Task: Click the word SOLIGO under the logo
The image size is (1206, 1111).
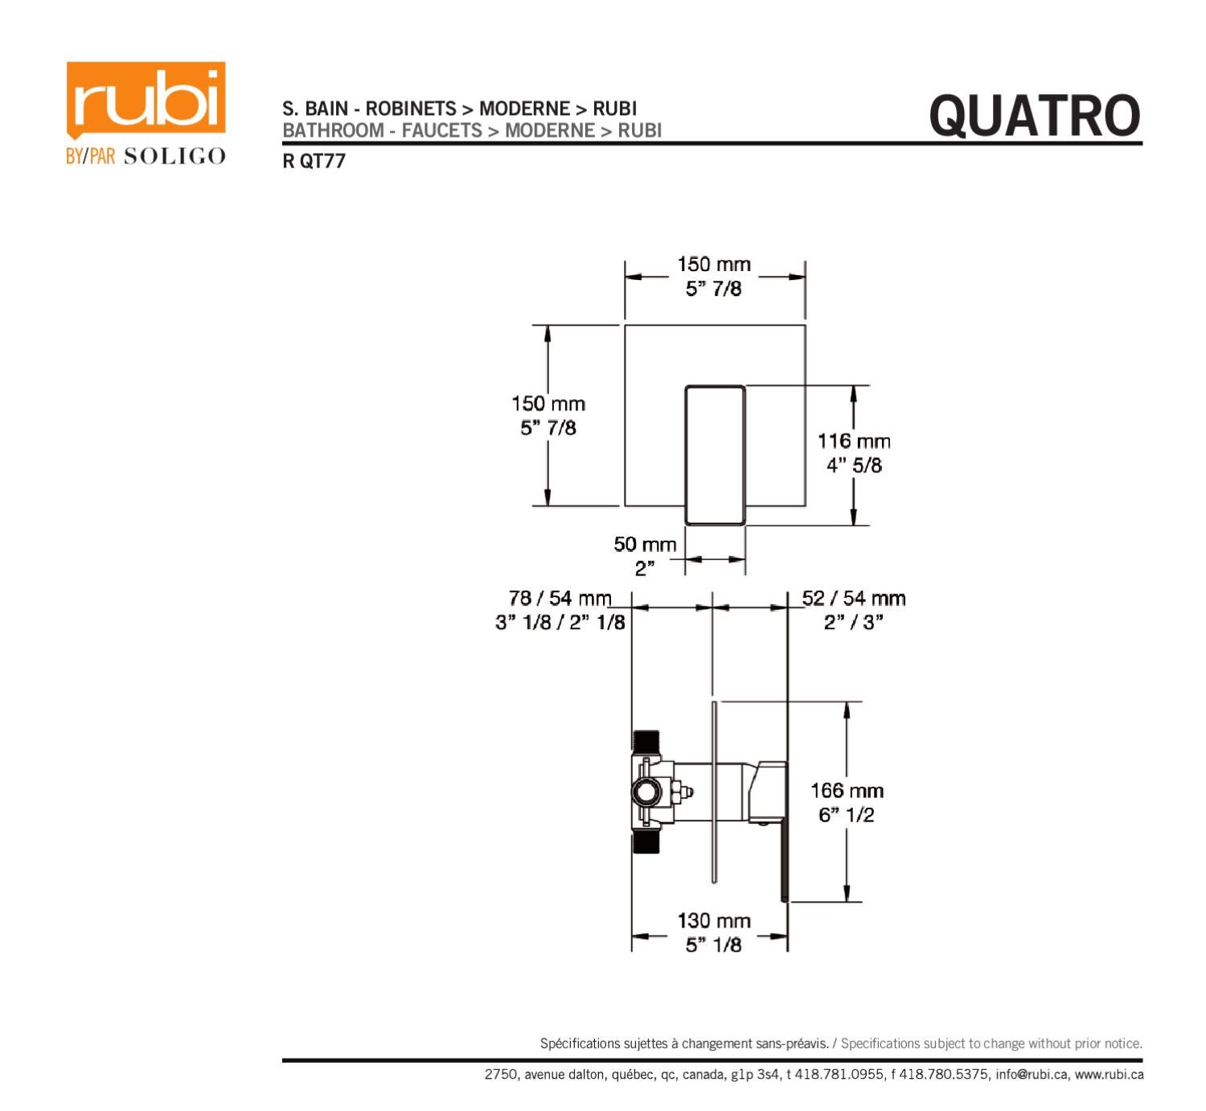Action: tap(174, 156)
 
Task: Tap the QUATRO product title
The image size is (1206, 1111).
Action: tap(1034, 116)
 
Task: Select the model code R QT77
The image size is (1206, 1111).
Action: tap(314, 161)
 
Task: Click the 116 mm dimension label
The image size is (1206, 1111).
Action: tap(854, 441)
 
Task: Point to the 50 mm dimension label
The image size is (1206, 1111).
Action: tap(645, 545)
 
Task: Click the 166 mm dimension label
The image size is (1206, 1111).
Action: tap(847, 791)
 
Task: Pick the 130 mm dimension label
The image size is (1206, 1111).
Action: tap(713, 921)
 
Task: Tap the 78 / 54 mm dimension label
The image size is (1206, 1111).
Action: tap(560, 599)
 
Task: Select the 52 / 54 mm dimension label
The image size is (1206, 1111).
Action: tap(853, 599)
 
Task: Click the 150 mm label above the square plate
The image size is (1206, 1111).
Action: tap(713, 265)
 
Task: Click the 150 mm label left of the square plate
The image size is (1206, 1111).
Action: tap(548, 404)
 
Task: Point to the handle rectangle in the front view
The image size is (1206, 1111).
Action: tap(715, 455)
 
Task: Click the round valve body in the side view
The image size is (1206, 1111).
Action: tap(646, 792)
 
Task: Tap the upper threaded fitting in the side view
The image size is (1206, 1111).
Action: tap(646, 743)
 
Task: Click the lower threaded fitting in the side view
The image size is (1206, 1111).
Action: tap(646, 842)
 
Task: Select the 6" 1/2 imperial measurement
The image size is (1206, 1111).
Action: tap(847, 815)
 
